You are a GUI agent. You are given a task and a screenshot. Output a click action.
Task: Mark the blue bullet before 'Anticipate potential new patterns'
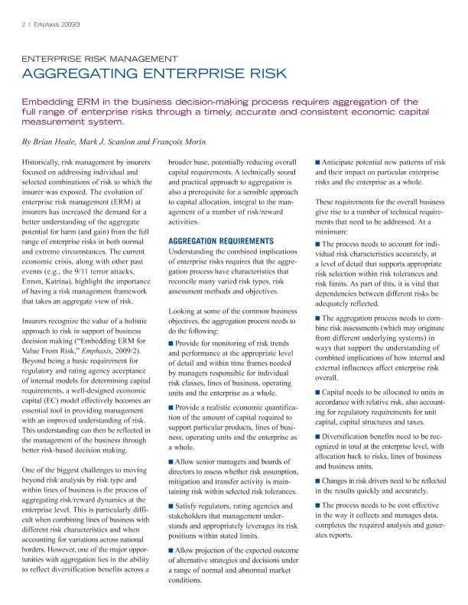pyautogui.click(x=318, y=163)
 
